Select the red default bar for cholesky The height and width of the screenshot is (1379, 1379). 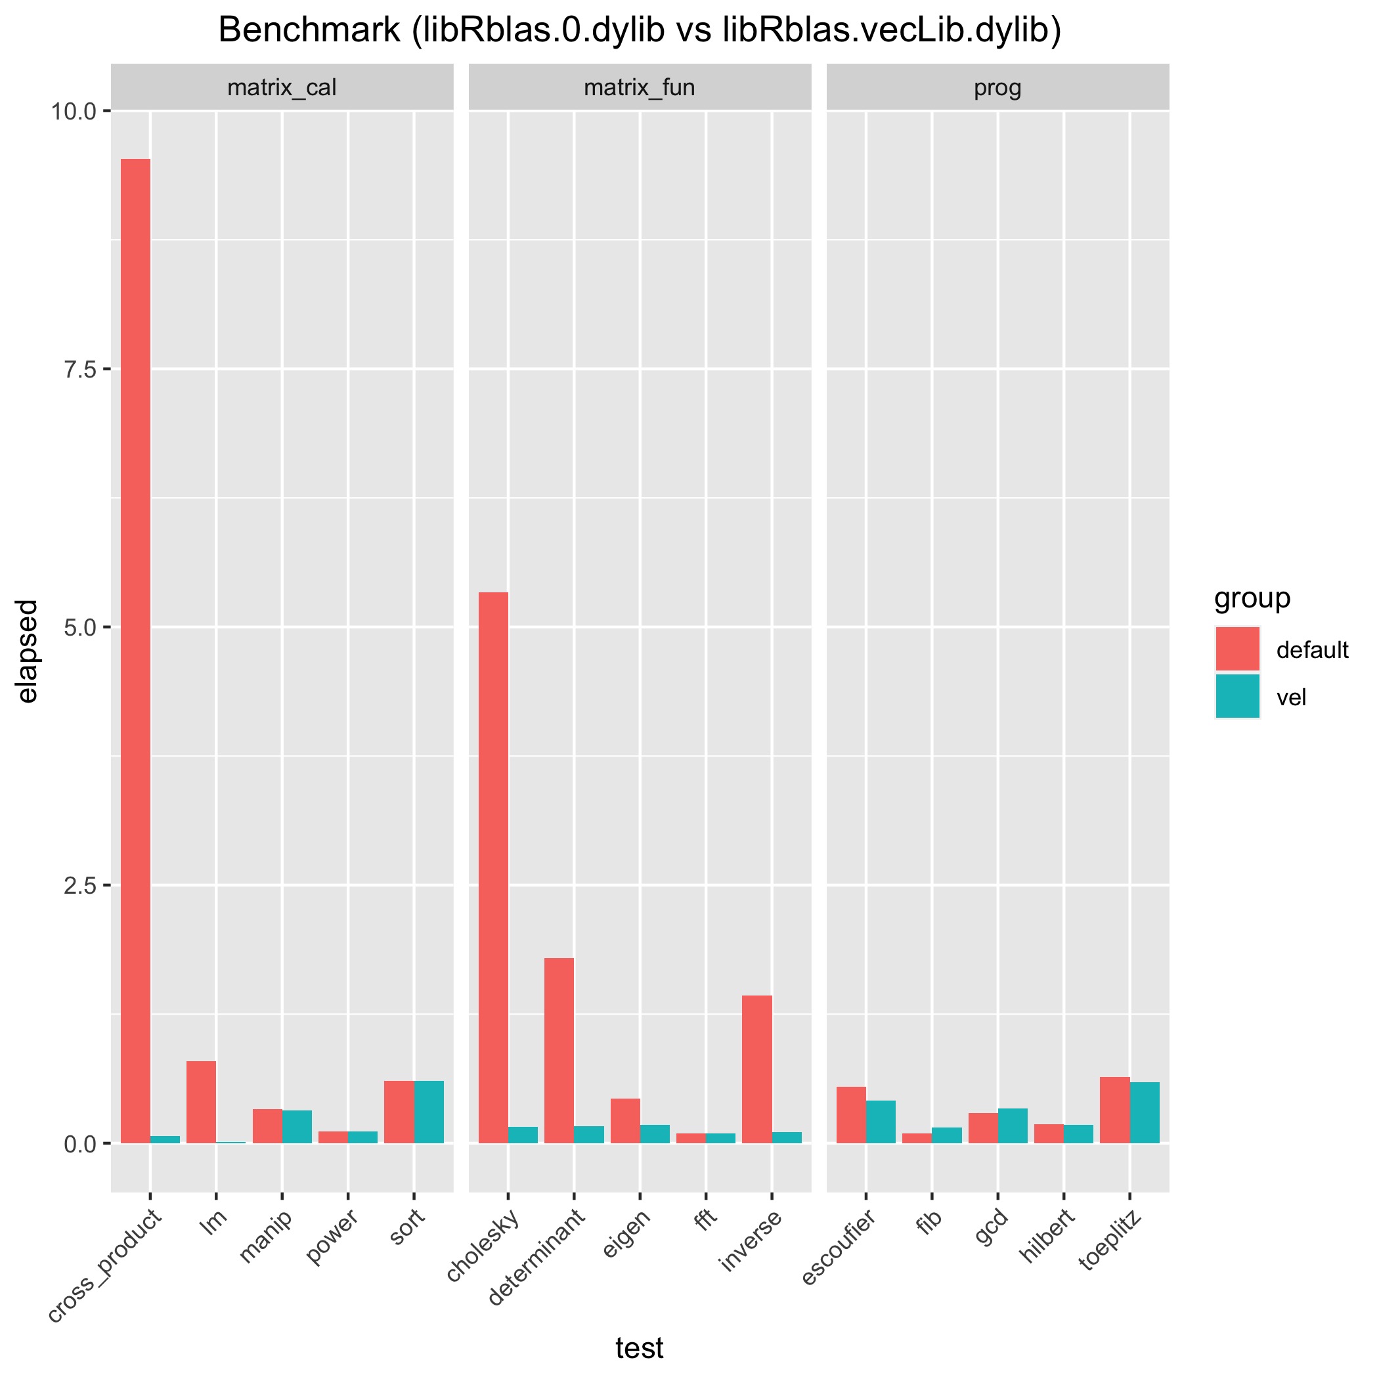click(493, 867)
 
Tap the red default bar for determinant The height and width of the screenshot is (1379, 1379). click(559, 1050)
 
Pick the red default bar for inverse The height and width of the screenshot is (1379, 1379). click(756, 1068)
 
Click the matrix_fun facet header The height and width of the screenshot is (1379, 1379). click(640, 88)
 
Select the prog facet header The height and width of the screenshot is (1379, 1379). click(997, 88)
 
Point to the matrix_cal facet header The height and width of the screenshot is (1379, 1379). click(282, 88)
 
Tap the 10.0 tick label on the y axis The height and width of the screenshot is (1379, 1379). click(73, 112)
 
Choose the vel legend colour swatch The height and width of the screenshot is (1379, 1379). click(1238, 696)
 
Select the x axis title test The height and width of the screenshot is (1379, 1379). click(640, 1347)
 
